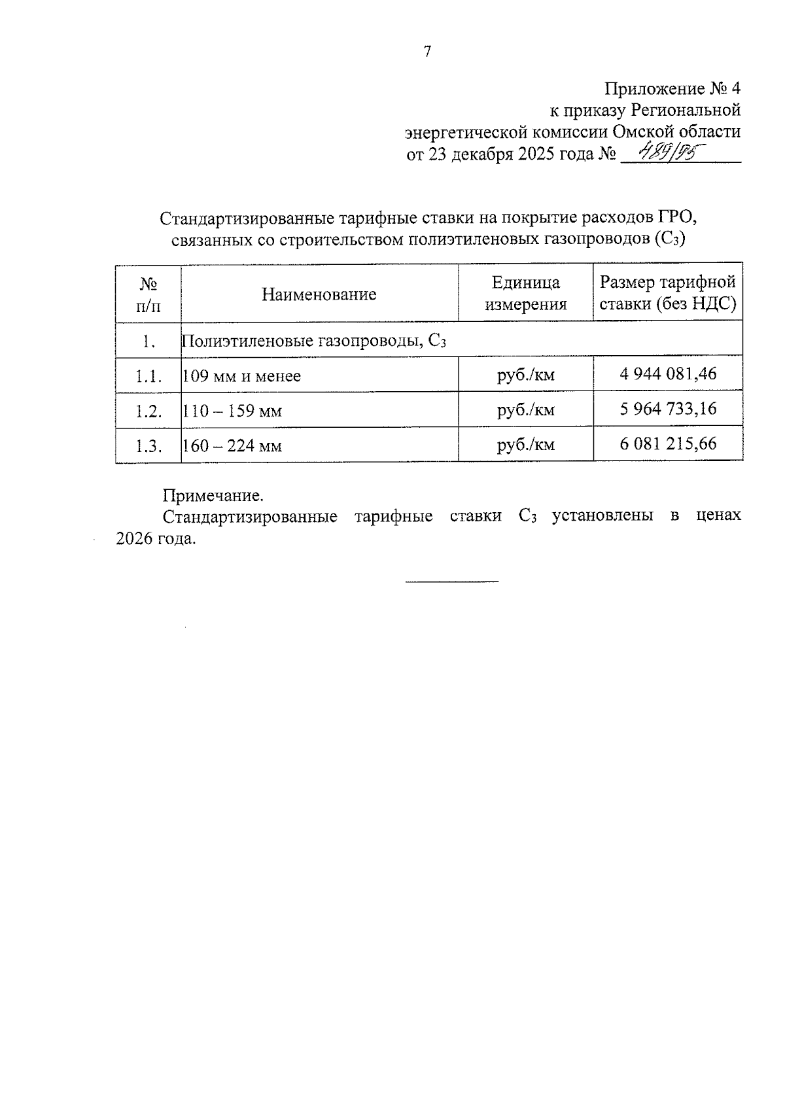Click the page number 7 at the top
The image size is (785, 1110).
(x=427, y=52)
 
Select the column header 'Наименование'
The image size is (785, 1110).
(x=319, y=294)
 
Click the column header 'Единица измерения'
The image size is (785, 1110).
(x=526, y=293)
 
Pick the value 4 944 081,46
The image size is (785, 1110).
(x=668, y=374)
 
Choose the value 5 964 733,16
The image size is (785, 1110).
(x=668, y=409)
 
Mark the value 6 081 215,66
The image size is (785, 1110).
(x=668, y=444)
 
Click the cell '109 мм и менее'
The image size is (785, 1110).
(x=241, y=376)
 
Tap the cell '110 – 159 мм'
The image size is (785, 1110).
(x=232, y=411)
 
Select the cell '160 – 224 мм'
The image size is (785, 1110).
(x=232, y=447)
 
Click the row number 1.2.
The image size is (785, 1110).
(x=148, y=411)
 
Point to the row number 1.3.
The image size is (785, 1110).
(x=148, y=447)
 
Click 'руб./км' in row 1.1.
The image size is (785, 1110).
(x=526, y=375)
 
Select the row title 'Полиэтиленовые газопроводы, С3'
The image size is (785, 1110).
(x=314, y=341)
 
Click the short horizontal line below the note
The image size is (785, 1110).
(x=452, y=581)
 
